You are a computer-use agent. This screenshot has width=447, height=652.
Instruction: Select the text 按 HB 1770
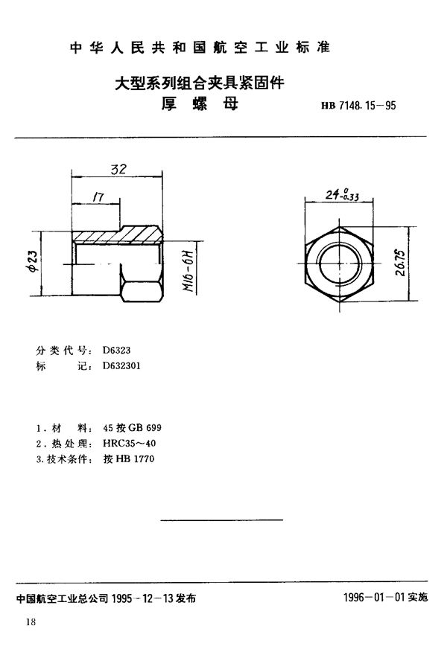pyautogui.click(x=119, y=458)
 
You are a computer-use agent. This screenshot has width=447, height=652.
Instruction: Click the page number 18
pyautogui.click(x=30, y=622)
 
